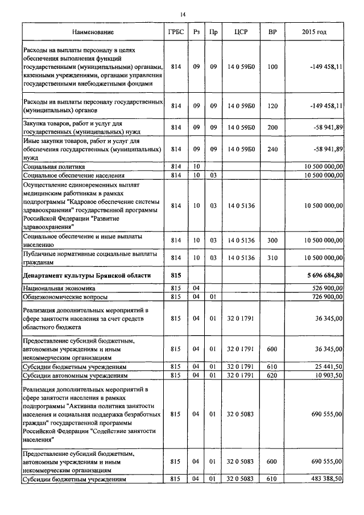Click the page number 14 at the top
coord(183,14)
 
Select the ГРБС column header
coord(176,32)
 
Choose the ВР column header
coord(272,32)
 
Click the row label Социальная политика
coord(54,167)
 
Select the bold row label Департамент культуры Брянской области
coord(87,275)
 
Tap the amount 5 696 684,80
coord(324,275)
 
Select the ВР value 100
coord(272,67)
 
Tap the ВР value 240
coord(272,149)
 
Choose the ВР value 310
coord(272,258)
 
